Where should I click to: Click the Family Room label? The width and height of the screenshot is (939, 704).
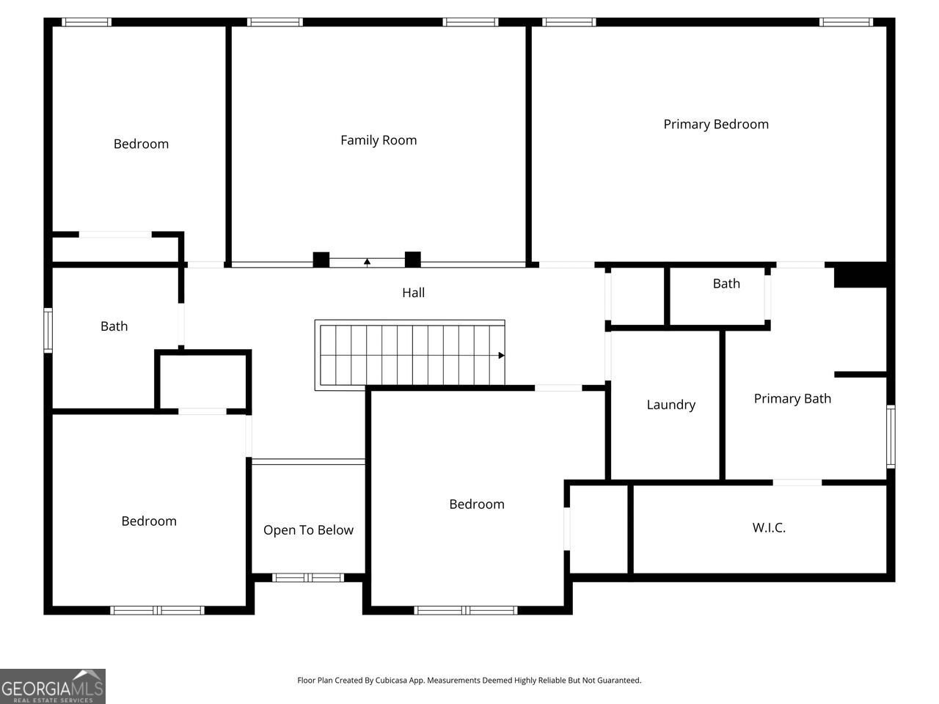pos(379,140)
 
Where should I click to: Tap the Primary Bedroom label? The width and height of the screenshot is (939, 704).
pos(716,124)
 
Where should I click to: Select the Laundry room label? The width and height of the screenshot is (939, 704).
pos(671,404)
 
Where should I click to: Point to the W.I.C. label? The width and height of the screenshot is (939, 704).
pos(769,527)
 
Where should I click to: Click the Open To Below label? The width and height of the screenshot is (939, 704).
pos(308,529)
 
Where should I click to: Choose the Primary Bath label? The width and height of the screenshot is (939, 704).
pos(792,398)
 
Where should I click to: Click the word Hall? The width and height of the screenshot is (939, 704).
pos(413,293)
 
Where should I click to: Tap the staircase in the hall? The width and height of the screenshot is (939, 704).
pos(410,355)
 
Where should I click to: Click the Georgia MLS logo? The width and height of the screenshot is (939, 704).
pos(53,686)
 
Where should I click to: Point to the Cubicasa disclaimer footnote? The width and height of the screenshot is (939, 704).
pos(469,680)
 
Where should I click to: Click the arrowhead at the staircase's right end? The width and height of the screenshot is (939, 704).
pos(502,356)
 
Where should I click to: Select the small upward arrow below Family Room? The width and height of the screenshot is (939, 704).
pos(367,261)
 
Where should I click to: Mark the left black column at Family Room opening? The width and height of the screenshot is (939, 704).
pos(321,260)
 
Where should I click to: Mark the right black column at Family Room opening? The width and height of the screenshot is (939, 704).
pos(413,260)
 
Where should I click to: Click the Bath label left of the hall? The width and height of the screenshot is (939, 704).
pos(114,326)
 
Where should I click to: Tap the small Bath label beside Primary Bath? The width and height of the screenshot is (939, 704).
pos(726,284)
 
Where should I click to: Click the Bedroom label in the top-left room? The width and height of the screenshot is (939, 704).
pos(141,144)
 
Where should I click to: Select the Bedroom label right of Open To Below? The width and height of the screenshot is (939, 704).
pos(477,504)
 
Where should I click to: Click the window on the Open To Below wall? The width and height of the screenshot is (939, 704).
pos(308,578)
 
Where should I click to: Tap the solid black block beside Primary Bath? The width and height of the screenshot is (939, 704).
pos(861,275)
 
